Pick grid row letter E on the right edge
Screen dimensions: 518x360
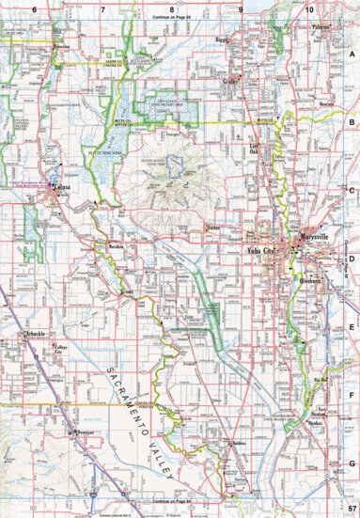352,328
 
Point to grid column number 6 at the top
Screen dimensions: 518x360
33,8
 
